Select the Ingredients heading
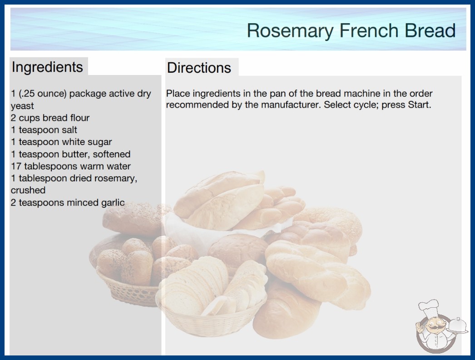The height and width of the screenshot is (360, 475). point(47,67)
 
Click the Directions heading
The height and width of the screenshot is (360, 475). point(199,68)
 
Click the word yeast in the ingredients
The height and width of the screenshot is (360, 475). point(22,106)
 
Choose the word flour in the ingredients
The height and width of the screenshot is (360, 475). point(79,118)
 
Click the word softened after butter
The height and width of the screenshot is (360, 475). point(111,154)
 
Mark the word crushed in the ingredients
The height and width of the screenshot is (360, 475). point(28,190)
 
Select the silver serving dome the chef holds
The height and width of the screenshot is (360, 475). point(457,326)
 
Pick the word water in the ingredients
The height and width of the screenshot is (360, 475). point(120,166)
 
